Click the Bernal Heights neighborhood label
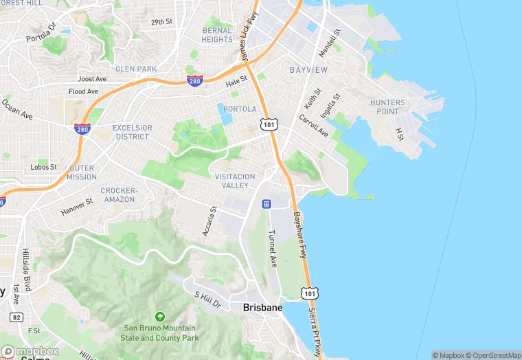(218, 35)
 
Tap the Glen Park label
(136, 69)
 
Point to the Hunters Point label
(387, 107)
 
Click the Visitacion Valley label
(235, 181)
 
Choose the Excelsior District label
(131, 132)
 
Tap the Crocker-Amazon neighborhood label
(119, 194)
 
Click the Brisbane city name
(262, 308)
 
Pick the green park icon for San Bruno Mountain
(160, 317)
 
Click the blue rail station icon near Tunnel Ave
(266, 203)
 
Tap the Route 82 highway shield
(16, 317)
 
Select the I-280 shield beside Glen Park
(194, 81)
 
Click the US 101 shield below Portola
(268, 124)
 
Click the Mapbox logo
(30, 351)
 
